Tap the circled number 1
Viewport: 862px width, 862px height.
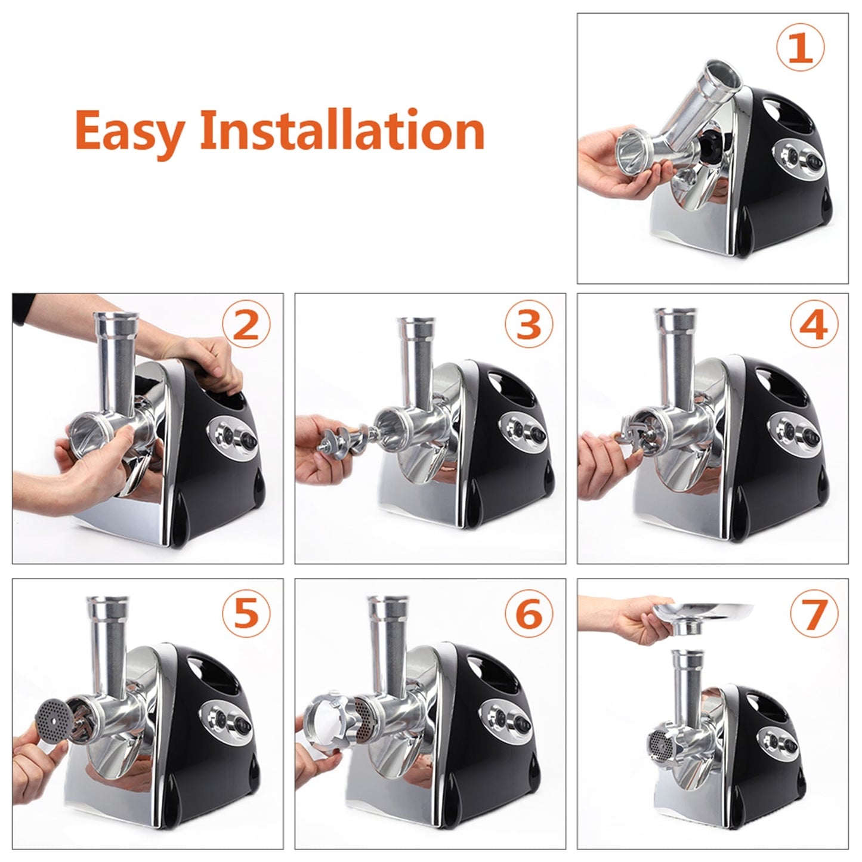pyautogui.click(x=801, y=49)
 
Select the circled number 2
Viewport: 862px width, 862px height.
pyautogui.click(x=246, y=326)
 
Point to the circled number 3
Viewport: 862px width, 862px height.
pyautogui.click(x=529, y=326)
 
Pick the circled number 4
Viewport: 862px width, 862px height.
pyautogui.click(x=814, y=326)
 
